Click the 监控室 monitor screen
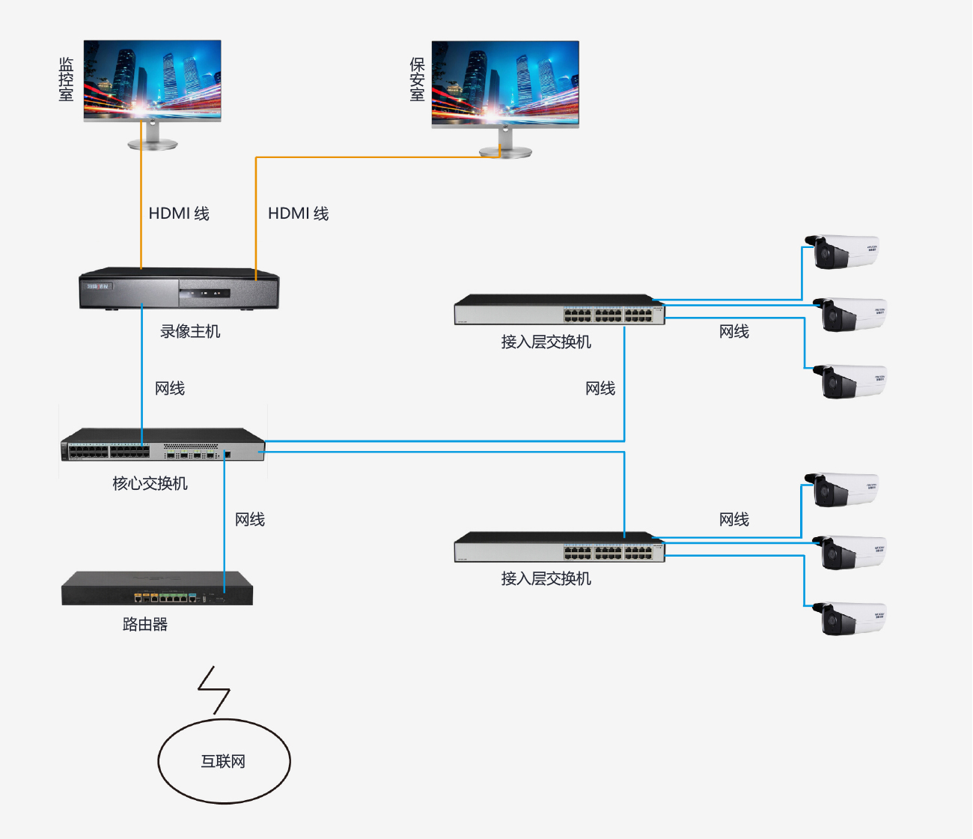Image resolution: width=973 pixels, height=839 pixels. tap(153, 79)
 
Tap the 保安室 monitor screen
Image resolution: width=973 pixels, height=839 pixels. tap(505, 82)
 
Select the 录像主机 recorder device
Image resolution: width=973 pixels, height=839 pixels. tap(179, 288)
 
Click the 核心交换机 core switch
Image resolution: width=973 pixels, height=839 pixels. tap(162, 445)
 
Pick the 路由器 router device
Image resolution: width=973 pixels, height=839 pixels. tap(157, 589)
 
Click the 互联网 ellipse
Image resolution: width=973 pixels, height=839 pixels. tap(224, 761)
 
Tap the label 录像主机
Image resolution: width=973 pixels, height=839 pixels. tap(190, 332)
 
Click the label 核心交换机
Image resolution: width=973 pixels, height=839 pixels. tap(150, 484)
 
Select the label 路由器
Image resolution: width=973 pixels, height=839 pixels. tap(145, 625)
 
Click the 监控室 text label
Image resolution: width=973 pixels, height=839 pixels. tap(67, 79)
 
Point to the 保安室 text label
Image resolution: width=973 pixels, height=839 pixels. tap(417, 79)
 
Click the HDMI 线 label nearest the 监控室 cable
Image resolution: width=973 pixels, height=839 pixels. tap(179, 213)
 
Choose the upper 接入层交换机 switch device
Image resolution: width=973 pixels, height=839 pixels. tap(559, 309)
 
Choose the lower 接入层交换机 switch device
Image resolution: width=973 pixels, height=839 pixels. tap(559, 547)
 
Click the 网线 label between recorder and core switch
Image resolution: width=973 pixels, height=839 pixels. tap(170, 389)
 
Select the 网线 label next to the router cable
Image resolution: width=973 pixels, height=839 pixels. tap(250, 520)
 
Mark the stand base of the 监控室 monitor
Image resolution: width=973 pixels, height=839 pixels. tap(153, 145)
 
